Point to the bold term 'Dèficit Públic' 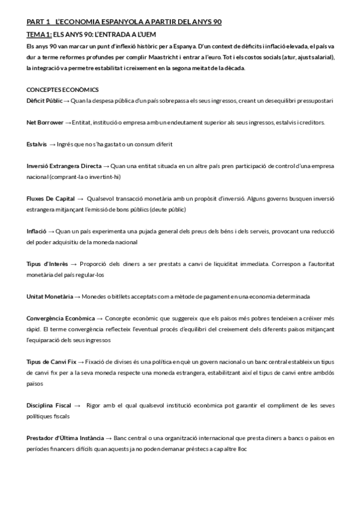(44, 100)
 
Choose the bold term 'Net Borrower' (44, 122)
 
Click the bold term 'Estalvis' (37, 144)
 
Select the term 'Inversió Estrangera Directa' (64, 166)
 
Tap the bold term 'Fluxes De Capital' (50, 199)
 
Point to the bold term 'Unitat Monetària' (50, 297)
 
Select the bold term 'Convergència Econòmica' (61, 318)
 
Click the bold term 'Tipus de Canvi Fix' (52, 362)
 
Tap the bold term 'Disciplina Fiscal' (49, 405)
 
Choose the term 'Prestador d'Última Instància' (65, 438)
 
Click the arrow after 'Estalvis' (53, 144)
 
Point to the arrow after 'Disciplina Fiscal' (78, 405)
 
